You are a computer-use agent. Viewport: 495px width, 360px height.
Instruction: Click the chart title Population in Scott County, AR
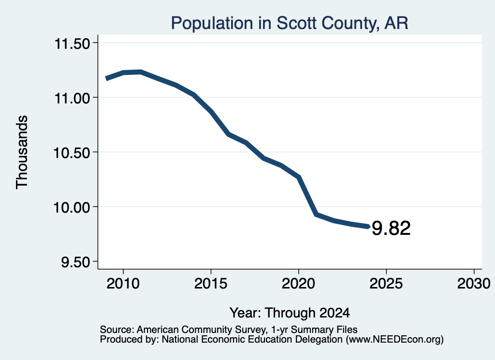290,23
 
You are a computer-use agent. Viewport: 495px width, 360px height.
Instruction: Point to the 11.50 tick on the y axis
73,43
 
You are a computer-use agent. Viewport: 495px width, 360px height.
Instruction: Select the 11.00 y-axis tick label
73,98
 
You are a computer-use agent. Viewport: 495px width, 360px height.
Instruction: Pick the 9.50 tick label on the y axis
75,262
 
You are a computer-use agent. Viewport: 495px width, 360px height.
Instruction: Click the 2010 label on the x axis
123,283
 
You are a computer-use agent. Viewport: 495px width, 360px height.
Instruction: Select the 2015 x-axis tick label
211,283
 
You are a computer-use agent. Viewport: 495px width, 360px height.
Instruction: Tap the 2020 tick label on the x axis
298,283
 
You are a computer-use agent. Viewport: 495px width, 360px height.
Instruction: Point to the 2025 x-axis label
386,283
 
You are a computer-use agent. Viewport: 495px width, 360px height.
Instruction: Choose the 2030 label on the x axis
474,283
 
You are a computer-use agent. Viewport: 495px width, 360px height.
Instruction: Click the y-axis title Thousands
22,152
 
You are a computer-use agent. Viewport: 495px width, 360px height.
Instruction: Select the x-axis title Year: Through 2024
290,313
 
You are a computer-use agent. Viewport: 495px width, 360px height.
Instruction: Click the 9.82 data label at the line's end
391,228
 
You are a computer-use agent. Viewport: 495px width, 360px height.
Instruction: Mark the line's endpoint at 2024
368,226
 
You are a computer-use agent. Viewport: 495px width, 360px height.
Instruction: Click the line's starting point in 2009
106,78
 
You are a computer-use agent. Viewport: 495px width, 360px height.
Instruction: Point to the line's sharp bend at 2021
316,215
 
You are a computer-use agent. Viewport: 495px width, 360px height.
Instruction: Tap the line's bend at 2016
228,134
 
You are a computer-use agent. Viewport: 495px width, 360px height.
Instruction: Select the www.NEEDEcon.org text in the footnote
394,340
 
